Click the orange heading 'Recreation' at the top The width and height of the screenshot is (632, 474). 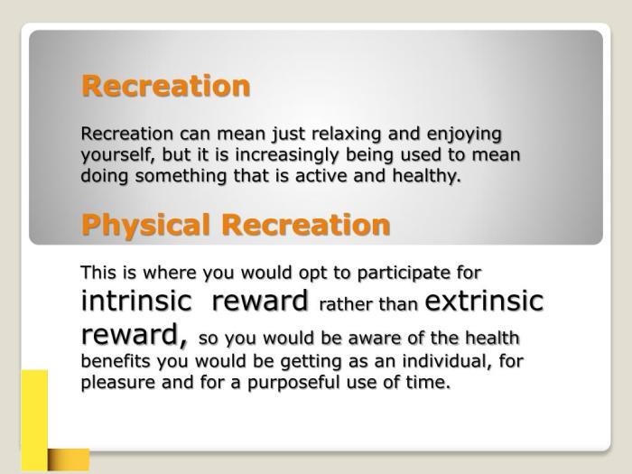pos(165,87)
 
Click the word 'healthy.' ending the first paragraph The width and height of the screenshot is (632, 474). pos(428,175)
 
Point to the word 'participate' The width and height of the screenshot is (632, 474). pos(394,272)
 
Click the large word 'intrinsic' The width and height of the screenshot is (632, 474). pos(136,301)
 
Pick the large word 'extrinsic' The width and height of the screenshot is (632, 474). pos(484,301)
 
